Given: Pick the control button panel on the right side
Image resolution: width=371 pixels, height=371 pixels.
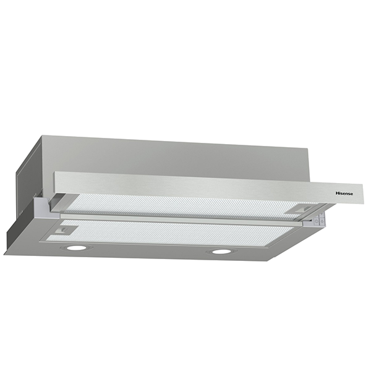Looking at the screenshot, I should point(318,220).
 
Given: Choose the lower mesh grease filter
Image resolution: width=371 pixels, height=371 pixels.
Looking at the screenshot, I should point(179,233).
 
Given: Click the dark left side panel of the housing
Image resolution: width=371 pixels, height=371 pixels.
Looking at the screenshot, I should point(23,192).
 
